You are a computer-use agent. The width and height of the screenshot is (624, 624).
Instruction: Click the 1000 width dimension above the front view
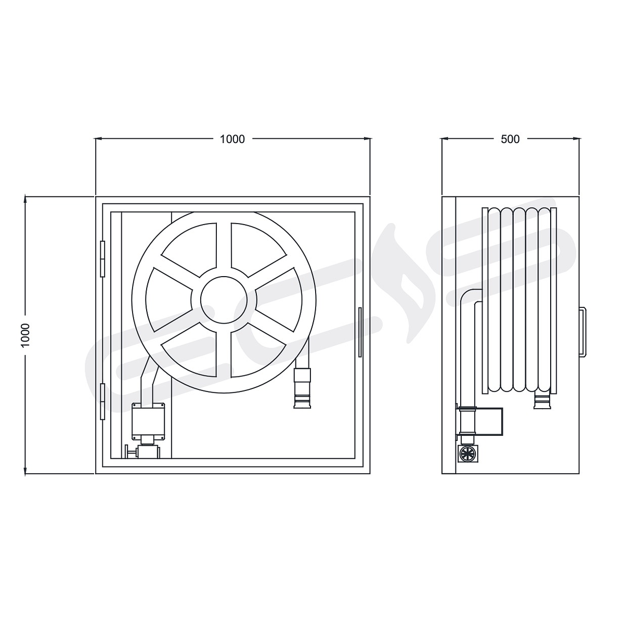tap(232, 139)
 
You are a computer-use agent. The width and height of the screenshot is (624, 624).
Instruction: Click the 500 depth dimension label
tap(510, 139)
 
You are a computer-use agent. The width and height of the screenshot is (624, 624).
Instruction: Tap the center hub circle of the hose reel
tap(224, 300)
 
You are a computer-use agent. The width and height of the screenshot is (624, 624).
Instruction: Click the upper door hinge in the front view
tap(102, 259)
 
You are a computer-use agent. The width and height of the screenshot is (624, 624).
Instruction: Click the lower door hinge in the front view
tap(102, 401)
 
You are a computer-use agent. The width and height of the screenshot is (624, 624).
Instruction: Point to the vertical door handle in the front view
tap(360, 332)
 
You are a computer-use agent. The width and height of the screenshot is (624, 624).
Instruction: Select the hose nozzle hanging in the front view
tap(302, 388)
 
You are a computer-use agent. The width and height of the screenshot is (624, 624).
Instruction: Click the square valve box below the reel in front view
tap(148, 421)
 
